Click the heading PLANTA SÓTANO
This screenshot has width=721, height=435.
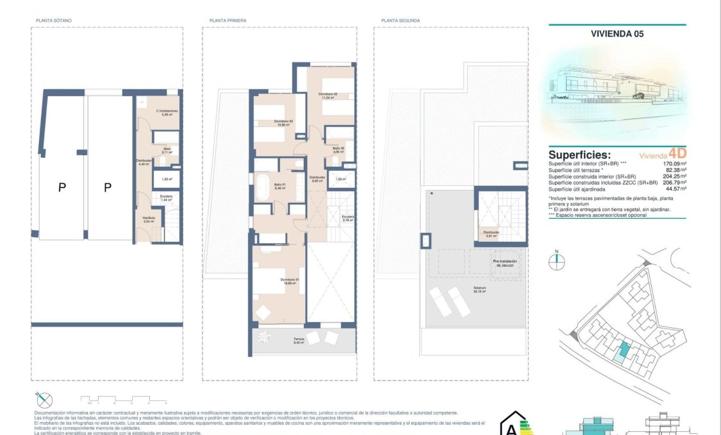point(54,21)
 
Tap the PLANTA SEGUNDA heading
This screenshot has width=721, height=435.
point(401,21)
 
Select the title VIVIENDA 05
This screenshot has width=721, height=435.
point(617,35)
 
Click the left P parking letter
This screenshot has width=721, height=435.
point(62,187)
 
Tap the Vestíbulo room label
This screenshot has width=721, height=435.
point(149,219)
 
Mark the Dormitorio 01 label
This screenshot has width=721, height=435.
point(290,281)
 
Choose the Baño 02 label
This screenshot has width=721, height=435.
point(338,149)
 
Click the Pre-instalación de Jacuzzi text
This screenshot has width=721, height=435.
point(504,263)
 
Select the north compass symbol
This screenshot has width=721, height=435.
point(558,260)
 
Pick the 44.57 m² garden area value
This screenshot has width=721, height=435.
point(675,189)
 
